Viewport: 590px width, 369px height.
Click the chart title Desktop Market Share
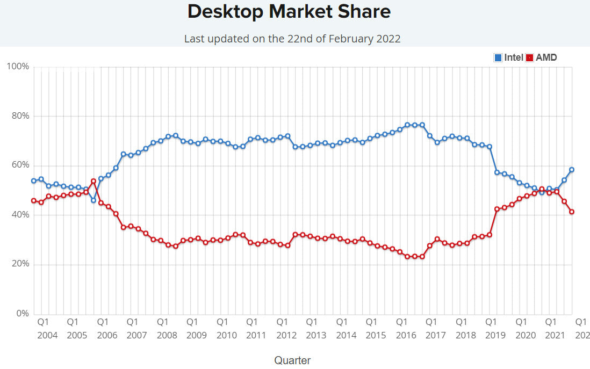(x=289, y=12)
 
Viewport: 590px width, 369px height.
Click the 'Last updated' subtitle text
(x=292, y=39)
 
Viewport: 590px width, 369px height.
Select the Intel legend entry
(x=508, y=57)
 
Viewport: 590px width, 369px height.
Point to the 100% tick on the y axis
(x=18, y=67)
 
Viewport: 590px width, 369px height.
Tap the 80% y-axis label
(x=19, y=116)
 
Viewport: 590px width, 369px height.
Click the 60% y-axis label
(x=19, y=165)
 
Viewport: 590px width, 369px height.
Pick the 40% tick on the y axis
(x=19, y=215)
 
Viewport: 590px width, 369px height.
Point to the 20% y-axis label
(x=19, y=264)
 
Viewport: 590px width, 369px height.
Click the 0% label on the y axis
(x=22, y=314)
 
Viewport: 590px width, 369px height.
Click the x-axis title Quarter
(x=292, y=360)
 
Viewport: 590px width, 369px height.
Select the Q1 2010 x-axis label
(x=226, y=328)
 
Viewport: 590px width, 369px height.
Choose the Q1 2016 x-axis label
(x=406, y=328)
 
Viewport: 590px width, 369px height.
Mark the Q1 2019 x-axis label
(x=495, y=328)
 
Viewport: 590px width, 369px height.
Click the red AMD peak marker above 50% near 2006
(x=93, y=181)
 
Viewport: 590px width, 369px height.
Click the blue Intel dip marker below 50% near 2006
(x=93, y=200)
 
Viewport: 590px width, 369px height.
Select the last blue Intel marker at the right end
(x=572, y=170)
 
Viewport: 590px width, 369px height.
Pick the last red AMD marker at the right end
(x=572, y=212)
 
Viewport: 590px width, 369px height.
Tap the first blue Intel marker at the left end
(x=34, y=181)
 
